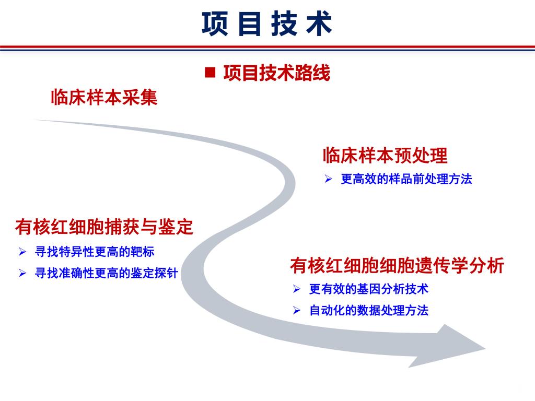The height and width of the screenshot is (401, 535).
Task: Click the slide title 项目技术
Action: click(267, 23)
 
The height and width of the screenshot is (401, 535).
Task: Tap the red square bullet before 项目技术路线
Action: click(210, 72)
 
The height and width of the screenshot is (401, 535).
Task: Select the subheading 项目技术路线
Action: click(277, 73)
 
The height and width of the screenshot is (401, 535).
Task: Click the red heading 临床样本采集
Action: click(104, 97)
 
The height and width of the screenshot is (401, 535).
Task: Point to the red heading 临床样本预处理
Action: click(385, 156)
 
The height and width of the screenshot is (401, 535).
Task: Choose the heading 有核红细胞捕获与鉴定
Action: click(104, 227)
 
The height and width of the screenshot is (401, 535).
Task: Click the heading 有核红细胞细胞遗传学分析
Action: click(397, 265)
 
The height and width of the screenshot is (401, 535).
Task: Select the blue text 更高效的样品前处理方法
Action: click(406, 179)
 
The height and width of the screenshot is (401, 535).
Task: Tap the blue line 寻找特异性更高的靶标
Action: click(95, 252)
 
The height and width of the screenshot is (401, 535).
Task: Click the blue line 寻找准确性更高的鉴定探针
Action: click(107, 273)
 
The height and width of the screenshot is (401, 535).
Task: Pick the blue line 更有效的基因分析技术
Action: click(368, 289)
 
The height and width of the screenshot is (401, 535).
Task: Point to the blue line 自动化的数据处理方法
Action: click(368, 310)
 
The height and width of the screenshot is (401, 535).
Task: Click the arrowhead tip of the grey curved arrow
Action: click(485, 348)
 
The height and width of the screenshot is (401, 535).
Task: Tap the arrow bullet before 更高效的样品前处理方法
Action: click(328, 179)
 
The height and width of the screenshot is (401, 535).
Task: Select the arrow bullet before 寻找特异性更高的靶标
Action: click(22, 252)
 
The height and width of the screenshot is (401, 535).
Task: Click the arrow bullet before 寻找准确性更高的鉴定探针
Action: click(22, 273)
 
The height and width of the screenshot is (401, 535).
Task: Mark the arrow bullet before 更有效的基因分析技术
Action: click(297, 289)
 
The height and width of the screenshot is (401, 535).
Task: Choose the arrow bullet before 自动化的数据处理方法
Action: click(297, 310)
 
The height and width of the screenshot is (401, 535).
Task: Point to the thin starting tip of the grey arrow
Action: click(34, 120)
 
